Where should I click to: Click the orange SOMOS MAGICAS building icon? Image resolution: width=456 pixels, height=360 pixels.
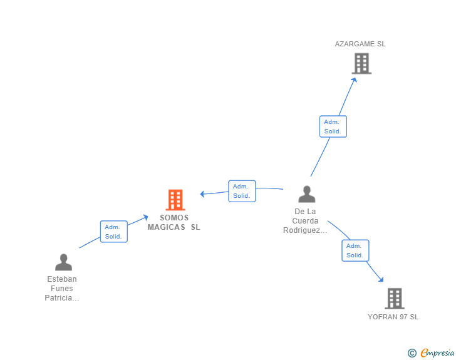(175, 200)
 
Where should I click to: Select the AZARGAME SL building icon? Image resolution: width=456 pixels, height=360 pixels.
(361, 63)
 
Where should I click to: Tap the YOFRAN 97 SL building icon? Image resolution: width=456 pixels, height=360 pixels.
(395, 299)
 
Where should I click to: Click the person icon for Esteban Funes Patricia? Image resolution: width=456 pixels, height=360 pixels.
(63, 262)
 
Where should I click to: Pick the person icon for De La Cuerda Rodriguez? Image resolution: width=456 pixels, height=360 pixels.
(306, 194)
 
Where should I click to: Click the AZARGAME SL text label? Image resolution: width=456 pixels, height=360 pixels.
(360, 44)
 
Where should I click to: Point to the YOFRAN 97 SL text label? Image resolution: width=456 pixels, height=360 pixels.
(393, 317)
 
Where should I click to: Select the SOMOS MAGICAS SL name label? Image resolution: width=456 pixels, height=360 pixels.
(174, 222)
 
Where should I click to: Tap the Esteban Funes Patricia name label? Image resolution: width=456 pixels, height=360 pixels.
(61, 289)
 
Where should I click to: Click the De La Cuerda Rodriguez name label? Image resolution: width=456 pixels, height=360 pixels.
(305, 221)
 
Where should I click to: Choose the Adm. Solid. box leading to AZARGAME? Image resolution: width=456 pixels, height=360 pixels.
(333, 126)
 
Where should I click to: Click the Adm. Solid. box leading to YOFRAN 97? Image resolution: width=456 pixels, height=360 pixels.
(355, 250)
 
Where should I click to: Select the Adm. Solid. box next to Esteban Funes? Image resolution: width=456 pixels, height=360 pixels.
(114, 232)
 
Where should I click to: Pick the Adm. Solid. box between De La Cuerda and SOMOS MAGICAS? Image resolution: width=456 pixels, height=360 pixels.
(242, 191)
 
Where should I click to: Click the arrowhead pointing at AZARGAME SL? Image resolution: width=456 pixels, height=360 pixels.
(354, 80)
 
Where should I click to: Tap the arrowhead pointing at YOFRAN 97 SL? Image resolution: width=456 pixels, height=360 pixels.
(381, 279)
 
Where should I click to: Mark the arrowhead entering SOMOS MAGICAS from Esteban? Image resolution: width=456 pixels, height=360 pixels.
(146, 217)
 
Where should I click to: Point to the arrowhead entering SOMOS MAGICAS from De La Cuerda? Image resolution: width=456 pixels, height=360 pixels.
(202, 194)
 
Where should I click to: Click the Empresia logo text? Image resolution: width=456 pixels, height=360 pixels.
(437, 352)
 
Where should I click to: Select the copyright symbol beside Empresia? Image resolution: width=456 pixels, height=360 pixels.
(412, 353)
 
